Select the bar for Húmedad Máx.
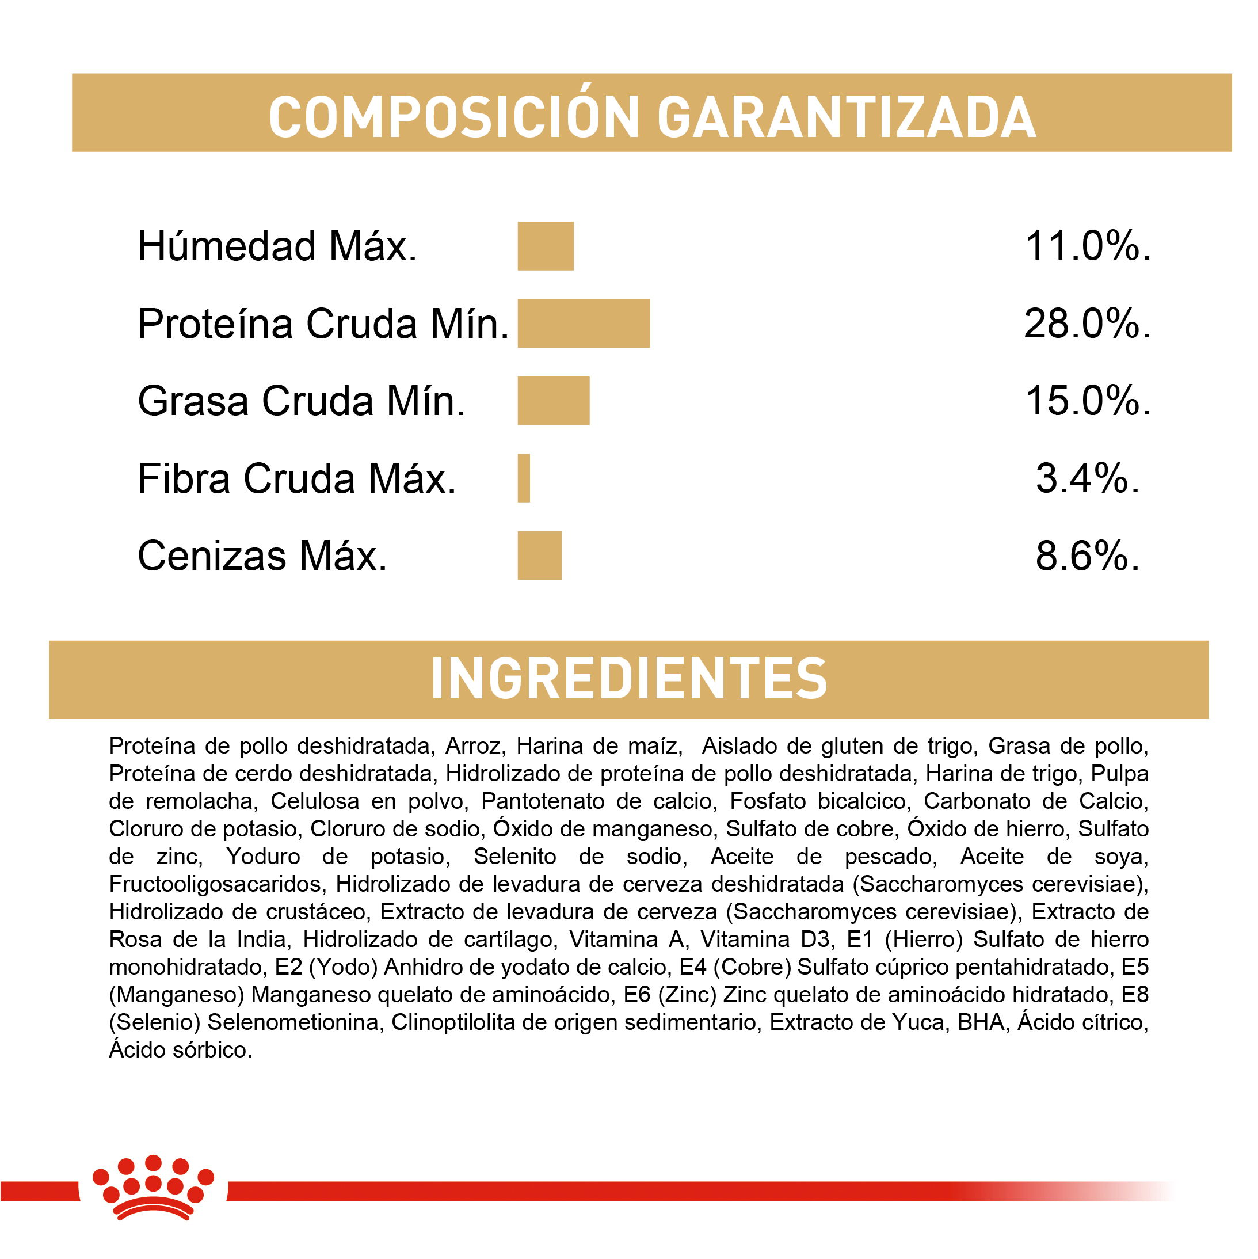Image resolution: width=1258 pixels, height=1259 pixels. [546, 246]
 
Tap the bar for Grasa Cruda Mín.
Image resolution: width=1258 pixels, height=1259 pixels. [553, 401]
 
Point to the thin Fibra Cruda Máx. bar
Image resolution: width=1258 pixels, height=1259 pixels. [524, 478]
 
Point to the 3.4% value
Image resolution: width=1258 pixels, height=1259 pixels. [1087, 478]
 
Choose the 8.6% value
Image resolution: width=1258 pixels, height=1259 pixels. [1087, 556]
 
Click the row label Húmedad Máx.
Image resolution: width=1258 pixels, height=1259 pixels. [277, 246]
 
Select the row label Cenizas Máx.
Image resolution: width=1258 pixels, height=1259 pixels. [262, 556]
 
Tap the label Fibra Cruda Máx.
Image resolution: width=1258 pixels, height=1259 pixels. [296, 479]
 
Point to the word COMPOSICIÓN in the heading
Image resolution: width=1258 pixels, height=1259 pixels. [454, 117]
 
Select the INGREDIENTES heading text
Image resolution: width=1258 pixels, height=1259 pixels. [628, 678]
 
